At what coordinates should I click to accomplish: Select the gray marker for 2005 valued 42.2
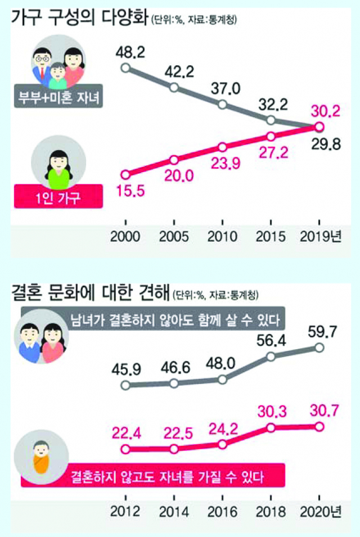(x=174, y=87)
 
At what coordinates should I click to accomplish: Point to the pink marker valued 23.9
(x=223, y=147)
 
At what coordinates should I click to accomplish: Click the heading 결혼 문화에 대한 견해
(x=91, y=292)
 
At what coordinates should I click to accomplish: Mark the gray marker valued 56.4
(x=271, y=357)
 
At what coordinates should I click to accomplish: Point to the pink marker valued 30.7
(x=319, y=427)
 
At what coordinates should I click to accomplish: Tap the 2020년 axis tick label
(x=323, y=512)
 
